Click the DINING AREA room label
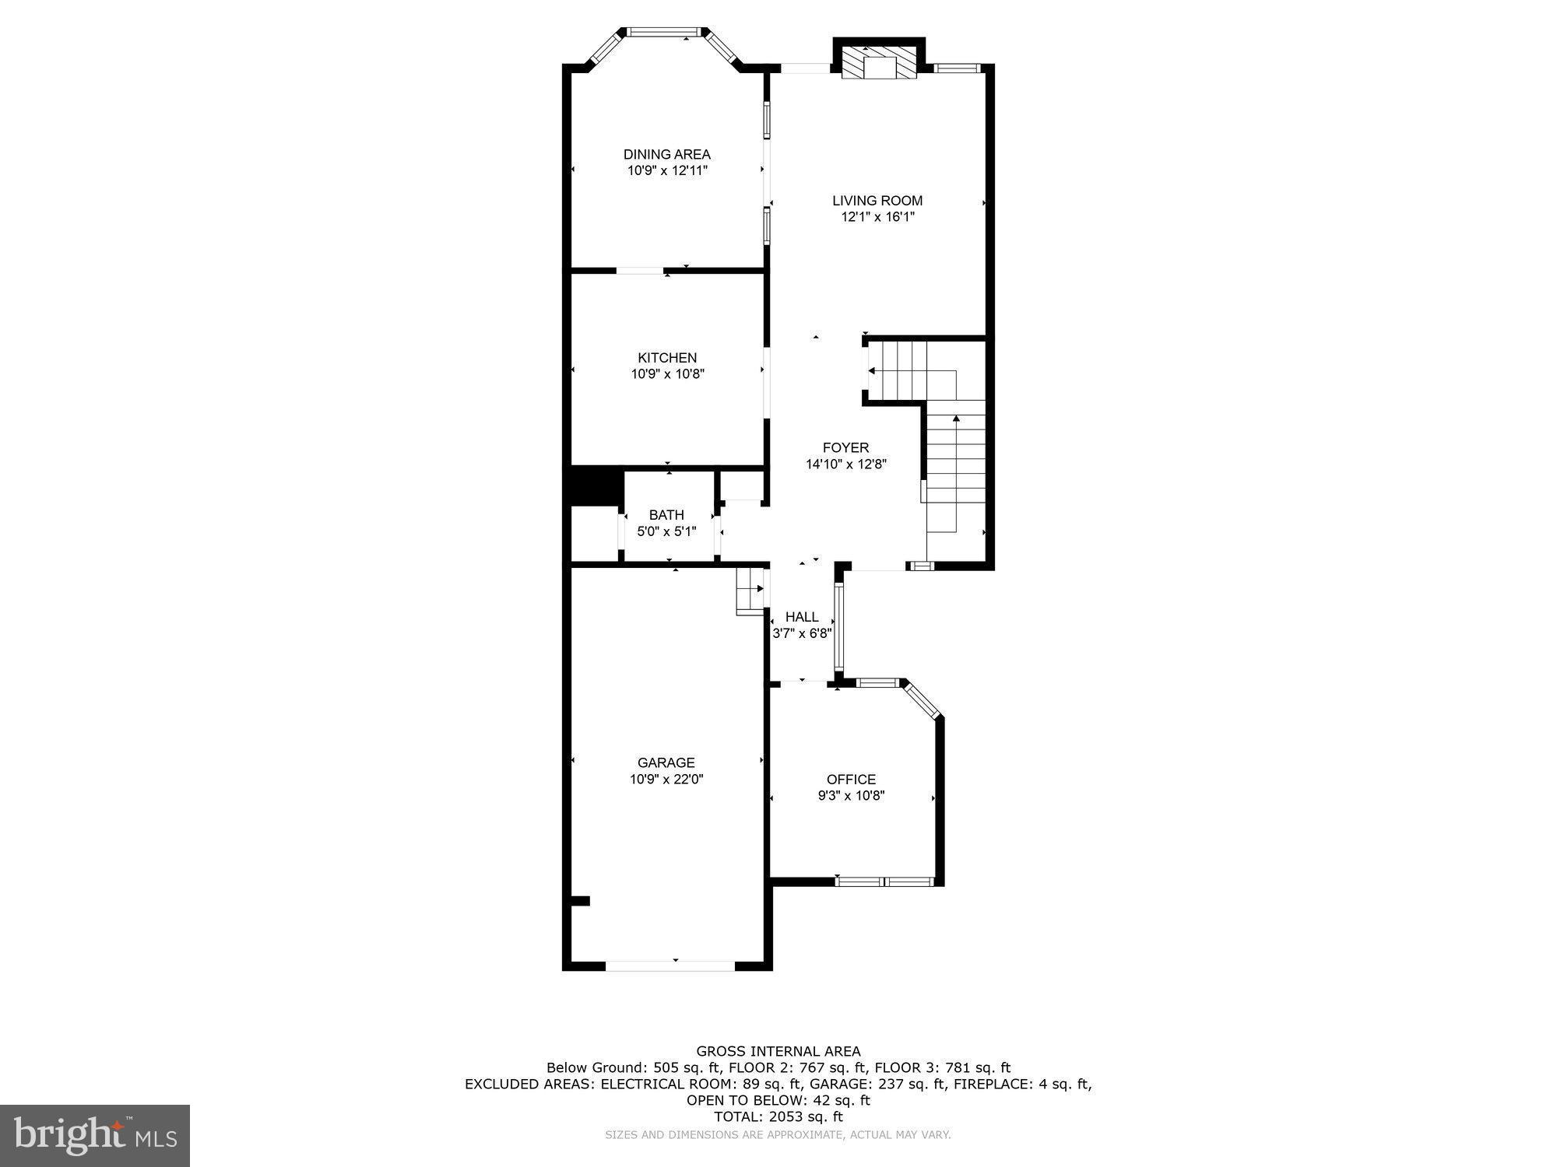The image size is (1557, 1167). [x=666, y=154]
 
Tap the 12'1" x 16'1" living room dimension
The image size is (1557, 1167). [x=877, y=217]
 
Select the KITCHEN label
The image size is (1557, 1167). [x=667, y=358]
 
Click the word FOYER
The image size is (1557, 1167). [x=845, y=447]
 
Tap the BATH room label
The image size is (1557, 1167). [x=666, y=515]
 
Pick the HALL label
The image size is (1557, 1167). [x=802, y=617]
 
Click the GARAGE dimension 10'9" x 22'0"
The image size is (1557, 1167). [x=666, y=779]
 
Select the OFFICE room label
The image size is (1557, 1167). [x=851, y=779]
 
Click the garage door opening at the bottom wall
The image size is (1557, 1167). [x=670, y=965]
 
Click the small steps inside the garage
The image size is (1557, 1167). [x=750, y=591]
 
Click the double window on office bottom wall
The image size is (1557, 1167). [x=884, y=881]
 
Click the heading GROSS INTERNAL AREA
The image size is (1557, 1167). [x=778, y=1051]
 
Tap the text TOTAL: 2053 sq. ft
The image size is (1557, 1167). [x=778, y=1116]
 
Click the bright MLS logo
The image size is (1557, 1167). [x=95, y=1136]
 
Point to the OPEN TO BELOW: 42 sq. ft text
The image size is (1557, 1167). [x=778, y=1100]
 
